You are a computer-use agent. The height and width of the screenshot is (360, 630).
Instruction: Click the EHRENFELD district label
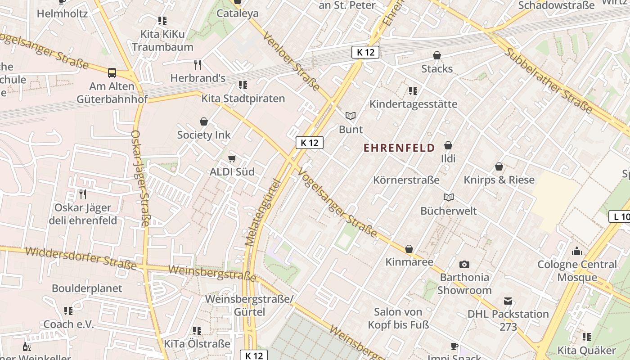click(x=399, y=148)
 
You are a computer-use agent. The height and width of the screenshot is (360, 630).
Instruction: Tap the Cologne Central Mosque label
click(x=577, y=271)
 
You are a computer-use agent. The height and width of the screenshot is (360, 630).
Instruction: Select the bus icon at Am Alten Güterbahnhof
click(x=112, y=72)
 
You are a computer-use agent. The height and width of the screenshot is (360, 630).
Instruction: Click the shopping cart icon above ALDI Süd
click(x=232, y=158)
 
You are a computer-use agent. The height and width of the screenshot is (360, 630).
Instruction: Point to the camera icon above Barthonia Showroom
click(x=464, y=264)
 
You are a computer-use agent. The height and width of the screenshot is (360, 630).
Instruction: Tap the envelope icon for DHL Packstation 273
click(x=508, y=301)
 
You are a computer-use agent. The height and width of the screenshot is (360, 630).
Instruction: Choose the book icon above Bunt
click(x=351, y=116)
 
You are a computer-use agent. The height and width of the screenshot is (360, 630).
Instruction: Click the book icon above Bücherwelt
click(x=449, y=197)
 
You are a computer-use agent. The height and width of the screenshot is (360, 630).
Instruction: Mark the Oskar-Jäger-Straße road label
click(x=140, y=178)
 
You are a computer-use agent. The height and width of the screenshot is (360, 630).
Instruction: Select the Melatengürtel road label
click(x=263, y=212)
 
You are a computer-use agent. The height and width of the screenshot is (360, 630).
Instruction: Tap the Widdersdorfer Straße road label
click(x=81, y=258)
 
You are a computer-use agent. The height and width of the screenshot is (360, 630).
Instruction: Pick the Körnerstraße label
click(x=406, y=180)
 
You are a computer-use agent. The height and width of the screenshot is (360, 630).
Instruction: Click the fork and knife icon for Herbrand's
click(x=198, y=64)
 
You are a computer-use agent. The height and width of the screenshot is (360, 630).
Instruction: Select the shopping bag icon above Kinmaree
click(x=409, y=249)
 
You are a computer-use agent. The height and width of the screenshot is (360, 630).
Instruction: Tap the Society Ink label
click(x=203, y=135)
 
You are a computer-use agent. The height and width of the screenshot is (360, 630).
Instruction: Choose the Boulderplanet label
click(x=87, y=288)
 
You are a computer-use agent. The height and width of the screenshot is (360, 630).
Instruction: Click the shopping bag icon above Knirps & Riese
click(x=499, y=166)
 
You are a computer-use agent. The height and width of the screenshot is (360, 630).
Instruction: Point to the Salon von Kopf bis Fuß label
click(x=398, y=318)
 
